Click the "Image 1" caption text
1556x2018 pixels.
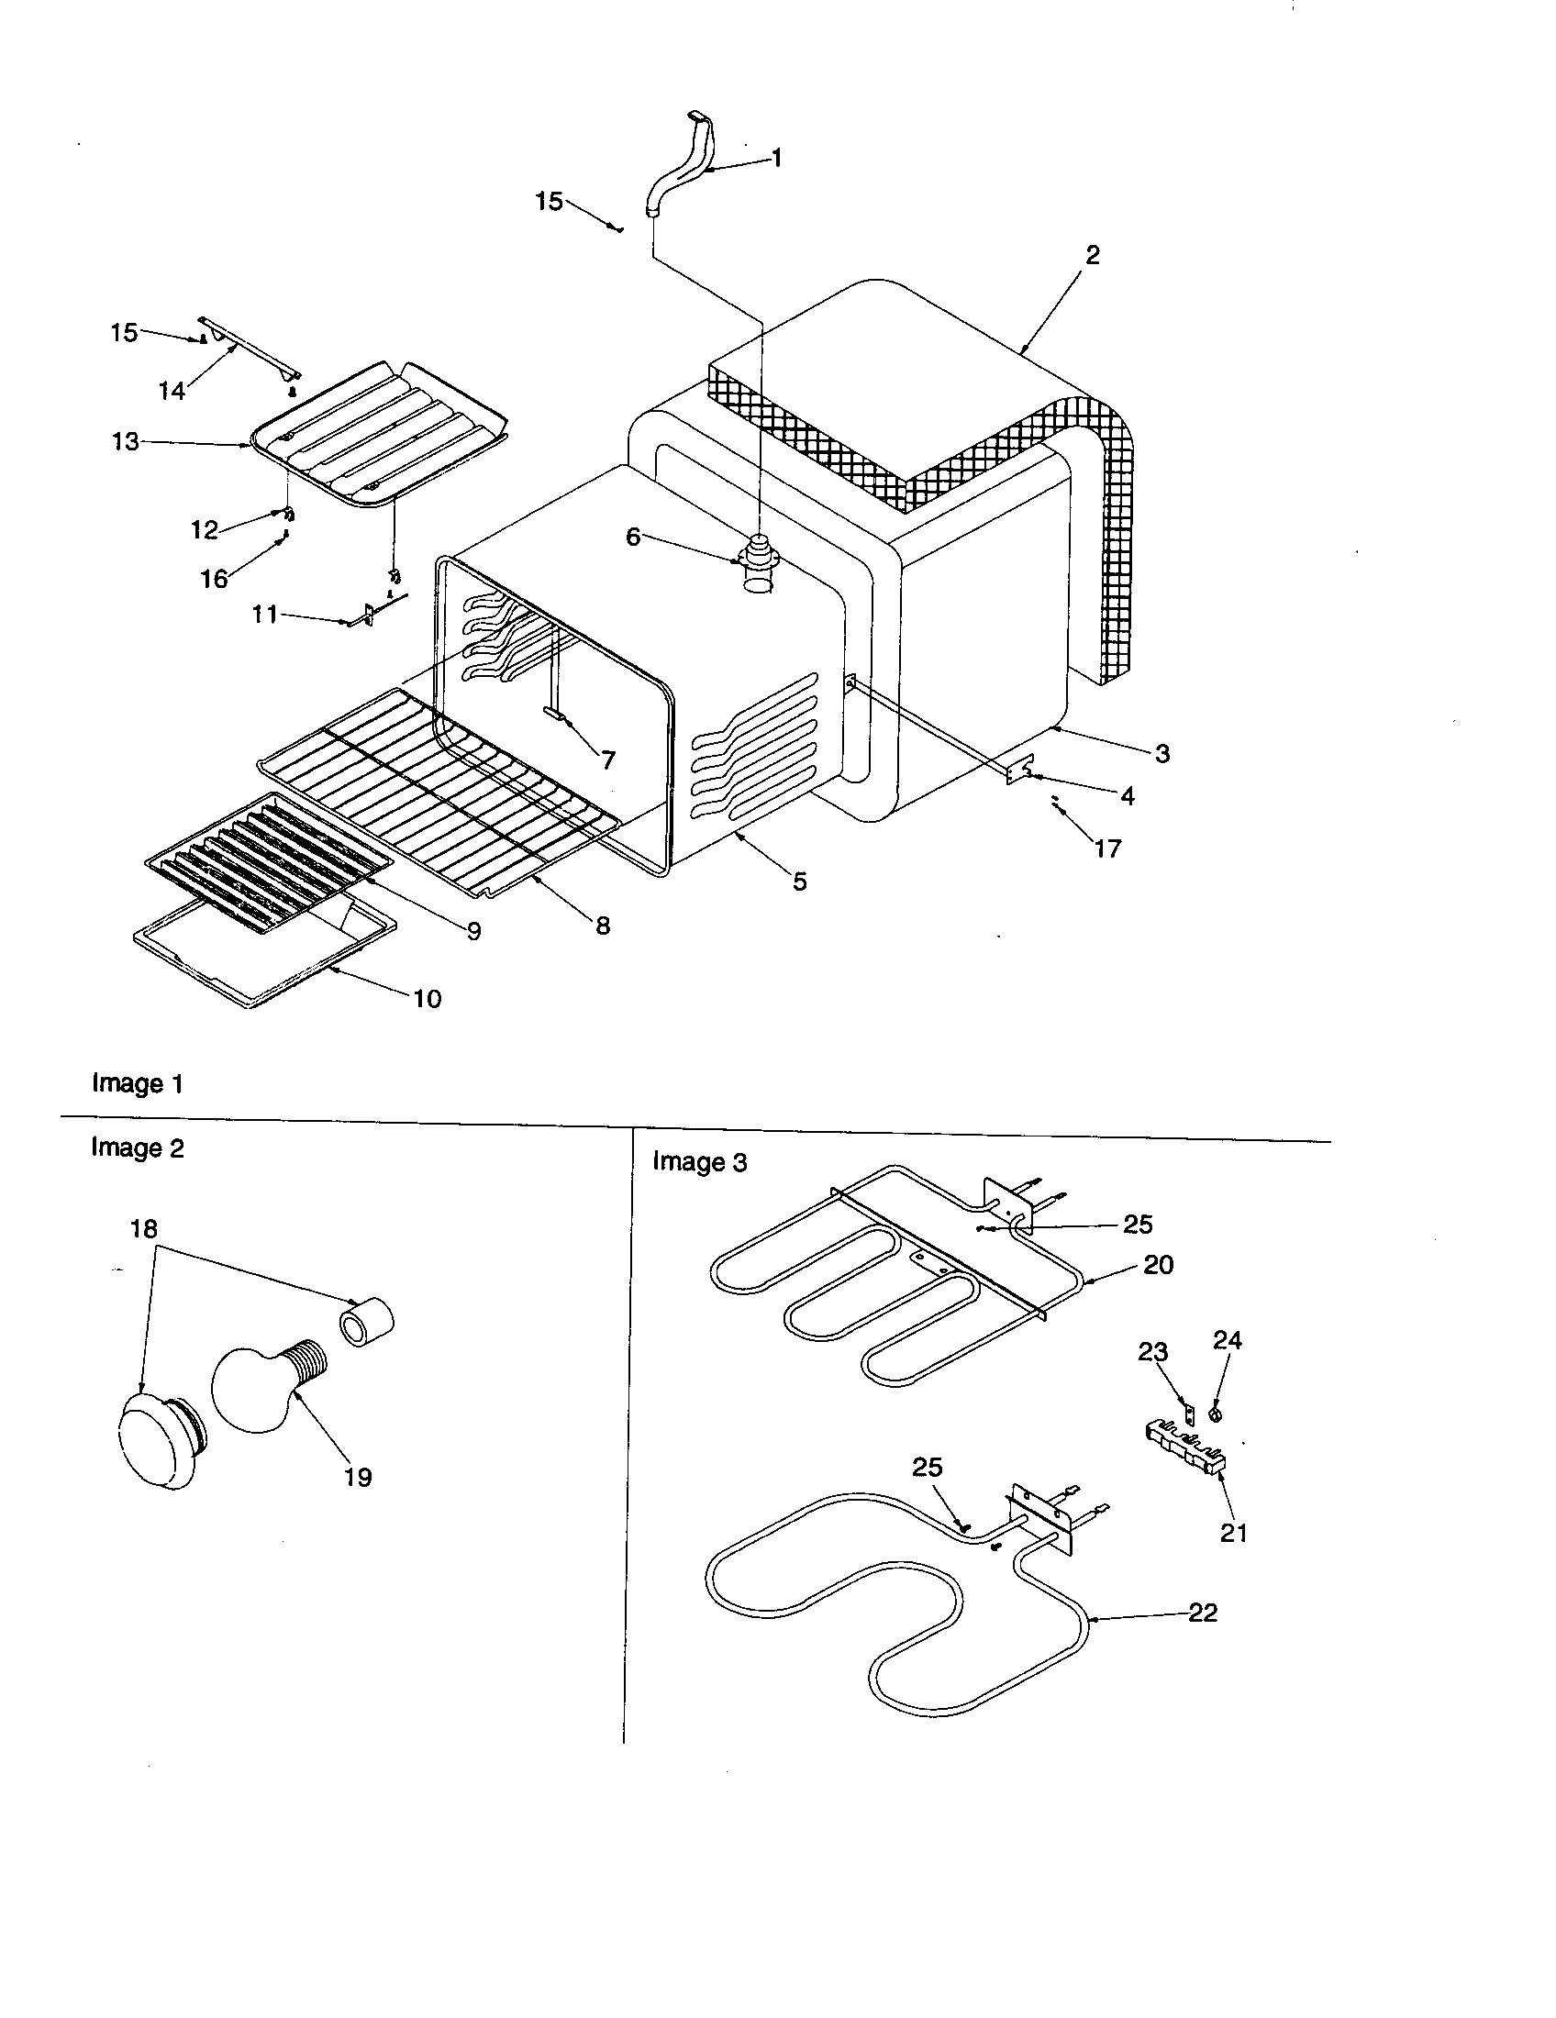(138, 1083)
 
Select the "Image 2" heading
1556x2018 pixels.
(138, 1148)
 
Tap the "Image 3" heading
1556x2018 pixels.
(699, 1161)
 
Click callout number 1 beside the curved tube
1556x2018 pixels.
(777, 159)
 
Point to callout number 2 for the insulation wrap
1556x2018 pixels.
(1092, 255)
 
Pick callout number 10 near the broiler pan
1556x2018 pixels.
(428, 999)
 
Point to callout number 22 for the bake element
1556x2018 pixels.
(1203, 1613)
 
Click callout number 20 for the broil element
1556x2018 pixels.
(1158, 1264)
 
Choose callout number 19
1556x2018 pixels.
(358, 1478)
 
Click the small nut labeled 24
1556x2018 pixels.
(1216, 1414)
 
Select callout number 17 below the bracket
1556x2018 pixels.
(1108, 848)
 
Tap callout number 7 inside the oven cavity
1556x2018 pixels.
(608, 760)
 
